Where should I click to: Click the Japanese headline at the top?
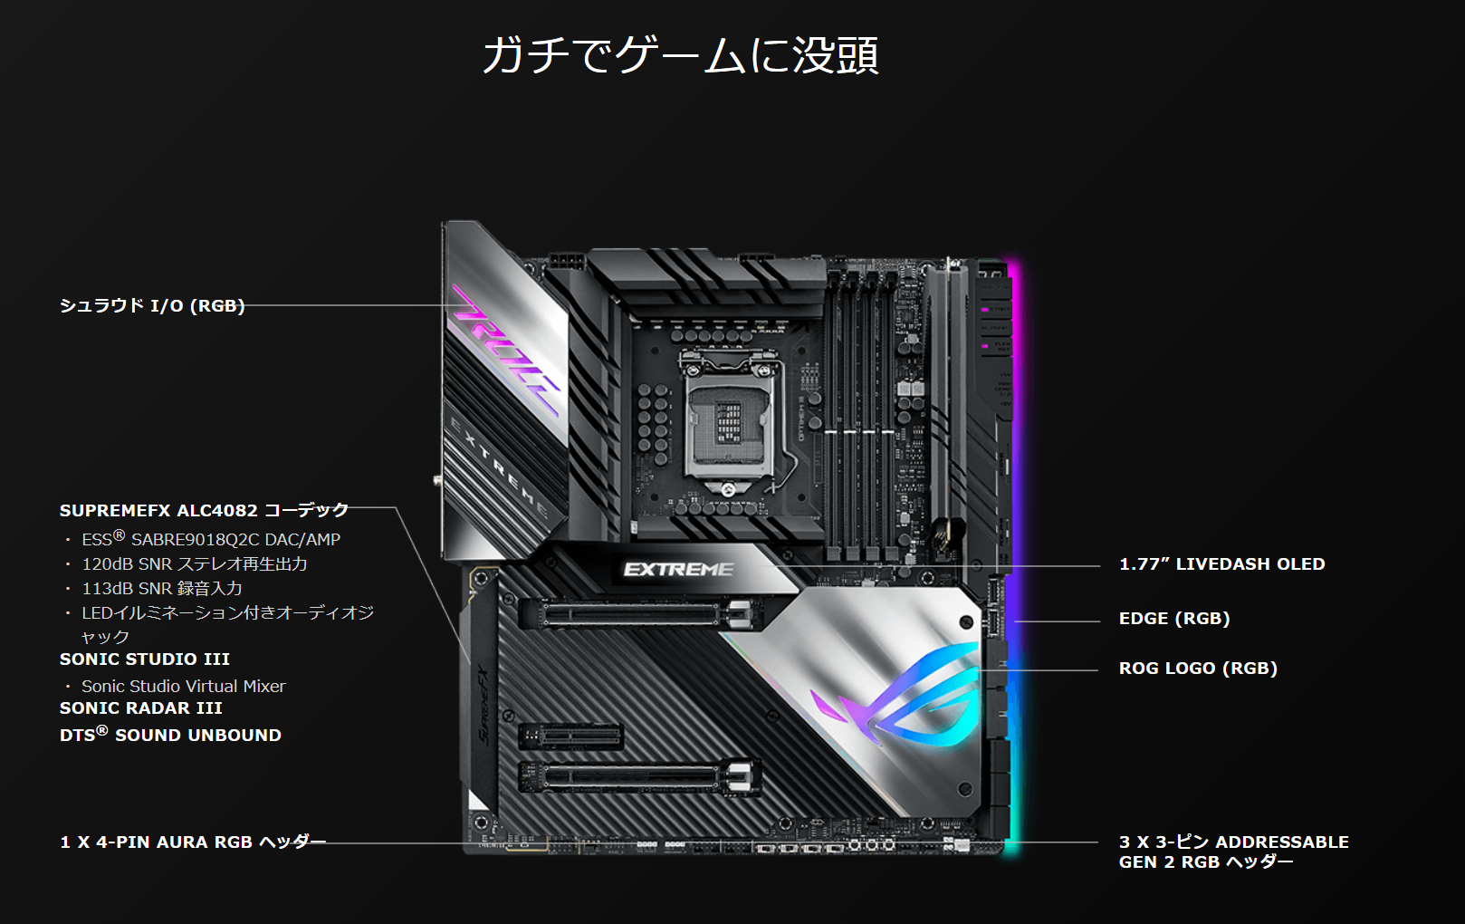tap(680, 55)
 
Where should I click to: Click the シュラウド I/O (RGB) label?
tap(152, 305)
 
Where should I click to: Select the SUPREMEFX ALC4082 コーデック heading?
tap(204, 510)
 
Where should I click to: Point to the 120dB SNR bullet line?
tap(195, 563)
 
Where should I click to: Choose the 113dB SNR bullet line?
tap(161, 588)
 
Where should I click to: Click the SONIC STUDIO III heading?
tap(145, 659)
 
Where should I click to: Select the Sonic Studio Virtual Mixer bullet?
tap(183, 686)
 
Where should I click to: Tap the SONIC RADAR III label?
tap(140, 708)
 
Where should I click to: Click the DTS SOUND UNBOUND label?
tap(170, 735)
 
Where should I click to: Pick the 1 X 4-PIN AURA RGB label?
tap(192, 842)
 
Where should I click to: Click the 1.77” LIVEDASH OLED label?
tap(1221, 564)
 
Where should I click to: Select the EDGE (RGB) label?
tap(1174, 619)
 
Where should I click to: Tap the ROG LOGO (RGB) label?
tap(1198, 669)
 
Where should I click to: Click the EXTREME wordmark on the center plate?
tap(678, 569)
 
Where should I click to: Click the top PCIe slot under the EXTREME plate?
tap(640, 614)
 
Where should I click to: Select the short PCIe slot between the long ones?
tap(571, 736)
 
